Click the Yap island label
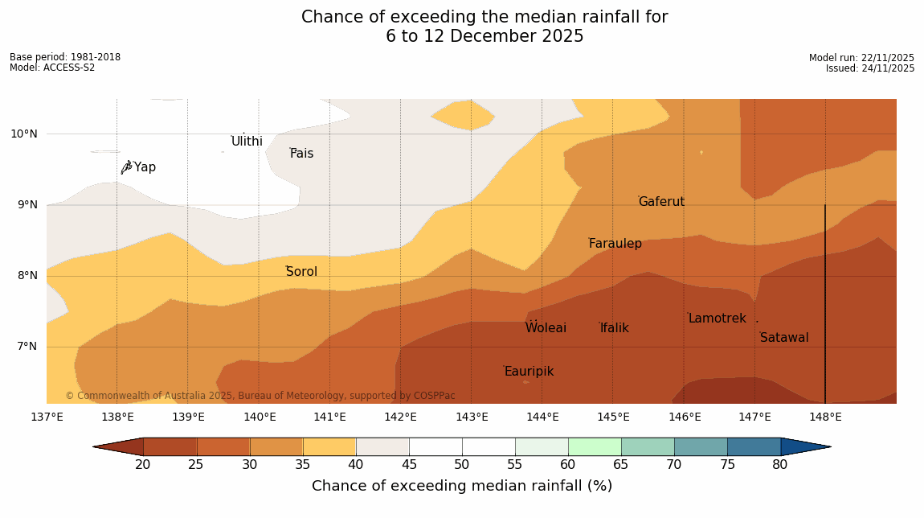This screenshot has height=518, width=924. [x=145, y=167]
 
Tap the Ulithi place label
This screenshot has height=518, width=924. [x=247, y=142]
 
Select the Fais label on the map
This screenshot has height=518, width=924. [x=302, y=154]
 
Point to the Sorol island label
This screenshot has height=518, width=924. [x=301, y=272]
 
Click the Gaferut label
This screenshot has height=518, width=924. [x=661, y=202]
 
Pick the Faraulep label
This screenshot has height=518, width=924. [x=615, y=244]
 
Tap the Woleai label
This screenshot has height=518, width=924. [x=546, y=328]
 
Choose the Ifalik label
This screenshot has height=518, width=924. [x=615, y=328]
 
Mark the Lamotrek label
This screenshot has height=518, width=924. [x=717, y=319]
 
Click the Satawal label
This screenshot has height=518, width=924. [x=784, y=338]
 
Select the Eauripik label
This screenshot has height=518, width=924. [x=529, y=372]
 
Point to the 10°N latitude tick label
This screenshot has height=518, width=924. [x=23, y=134]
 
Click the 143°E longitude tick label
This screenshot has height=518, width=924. [x=472, y=417]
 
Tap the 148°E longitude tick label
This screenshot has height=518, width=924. [x=825, y=417]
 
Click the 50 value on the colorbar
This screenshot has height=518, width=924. [x=461, y=465]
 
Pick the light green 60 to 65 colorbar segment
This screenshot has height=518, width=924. [x=594, y=446]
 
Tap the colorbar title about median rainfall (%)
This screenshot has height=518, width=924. [x=462, y=486]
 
